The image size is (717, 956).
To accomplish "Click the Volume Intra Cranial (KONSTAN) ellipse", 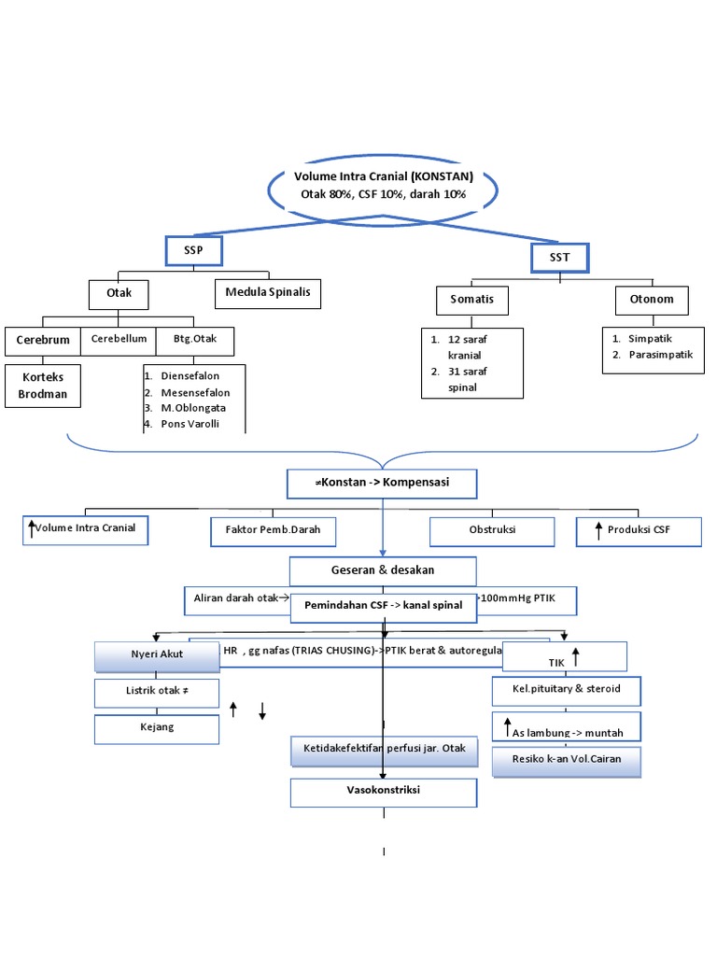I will (383, 186).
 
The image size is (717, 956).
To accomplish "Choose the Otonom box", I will (652, 300).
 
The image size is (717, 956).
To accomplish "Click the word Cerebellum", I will (119, 339).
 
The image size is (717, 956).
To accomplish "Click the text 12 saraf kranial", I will (468, 347).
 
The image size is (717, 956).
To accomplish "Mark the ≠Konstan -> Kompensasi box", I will (383, 484).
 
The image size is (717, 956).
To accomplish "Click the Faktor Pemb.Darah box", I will (273, 530).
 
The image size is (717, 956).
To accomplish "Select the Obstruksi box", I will (492, 530).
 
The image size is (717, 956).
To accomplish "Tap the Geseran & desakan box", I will (383, 570).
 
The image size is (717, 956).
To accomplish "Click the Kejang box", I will (157, 728).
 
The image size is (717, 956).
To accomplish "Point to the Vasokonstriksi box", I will (383, 791).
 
